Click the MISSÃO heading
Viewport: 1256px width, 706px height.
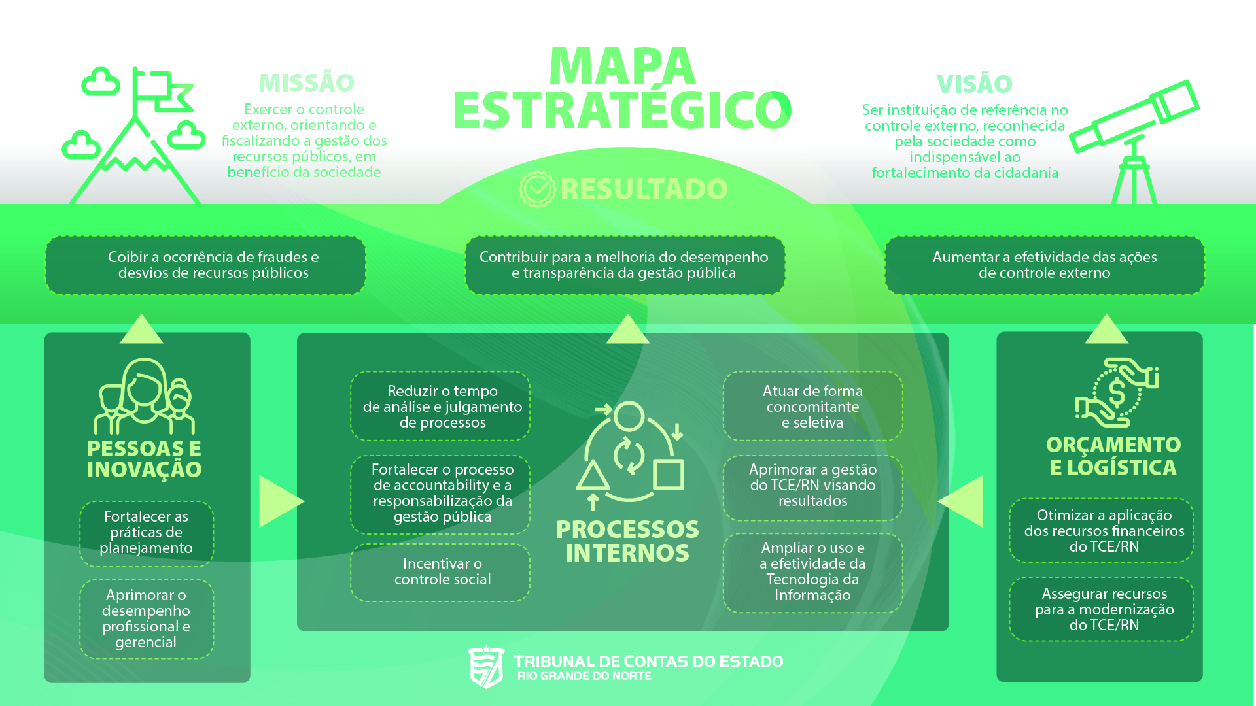306,82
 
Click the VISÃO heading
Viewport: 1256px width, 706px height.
974,84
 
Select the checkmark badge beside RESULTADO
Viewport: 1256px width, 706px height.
537,190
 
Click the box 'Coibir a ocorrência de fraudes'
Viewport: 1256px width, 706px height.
205,265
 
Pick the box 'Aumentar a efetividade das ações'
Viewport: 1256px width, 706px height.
1045,265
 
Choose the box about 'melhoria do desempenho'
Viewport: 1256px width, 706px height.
625,265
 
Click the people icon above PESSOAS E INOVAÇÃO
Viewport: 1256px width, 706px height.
145,396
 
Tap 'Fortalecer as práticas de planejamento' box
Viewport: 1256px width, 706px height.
147,533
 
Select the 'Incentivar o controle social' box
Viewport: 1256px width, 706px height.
440,572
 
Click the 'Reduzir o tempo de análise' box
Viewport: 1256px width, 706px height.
440,406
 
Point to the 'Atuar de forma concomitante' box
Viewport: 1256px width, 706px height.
812,406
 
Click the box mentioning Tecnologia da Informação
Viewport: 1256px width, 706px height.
812,573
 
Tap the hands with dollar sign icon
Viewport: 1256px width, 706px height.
1117,392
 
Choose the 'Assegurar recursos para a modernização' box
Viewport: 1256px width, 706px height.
1102,609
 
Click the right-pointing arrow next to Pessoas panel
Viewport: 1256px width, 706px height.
279,501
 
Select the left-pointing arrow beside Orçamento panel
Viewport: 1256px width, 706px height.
962,501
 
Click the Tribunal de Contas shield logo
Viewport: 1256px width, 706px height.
486,667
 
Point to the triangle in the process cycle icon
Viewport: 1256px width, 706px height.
593,476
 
